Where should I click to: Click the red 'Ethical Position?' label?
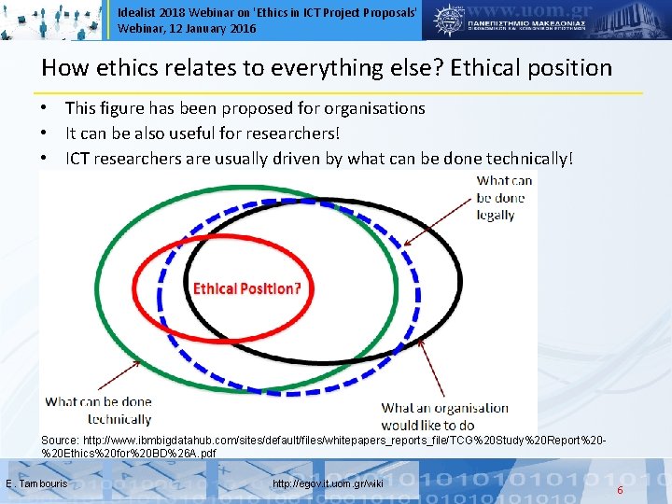click(x=246, y=288)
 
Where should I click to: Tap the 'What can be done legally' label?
click(x=504, y=197)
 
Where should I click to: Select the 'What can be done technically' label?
click(x=98, y=411)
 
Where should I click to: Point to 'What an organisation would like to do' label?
click(x=445, y=416)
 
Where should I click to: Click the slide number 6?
click(x=620, y=488)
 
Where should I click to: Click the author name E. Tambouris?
click(x=36, y=483)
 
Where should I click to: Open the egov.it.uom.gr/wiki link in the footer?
click(x=328, y=483)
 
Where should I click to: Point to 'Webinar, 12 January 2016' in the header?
click(x=187, y=29)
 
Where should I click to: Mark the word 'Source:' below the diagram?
click(x=60, y=439)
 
